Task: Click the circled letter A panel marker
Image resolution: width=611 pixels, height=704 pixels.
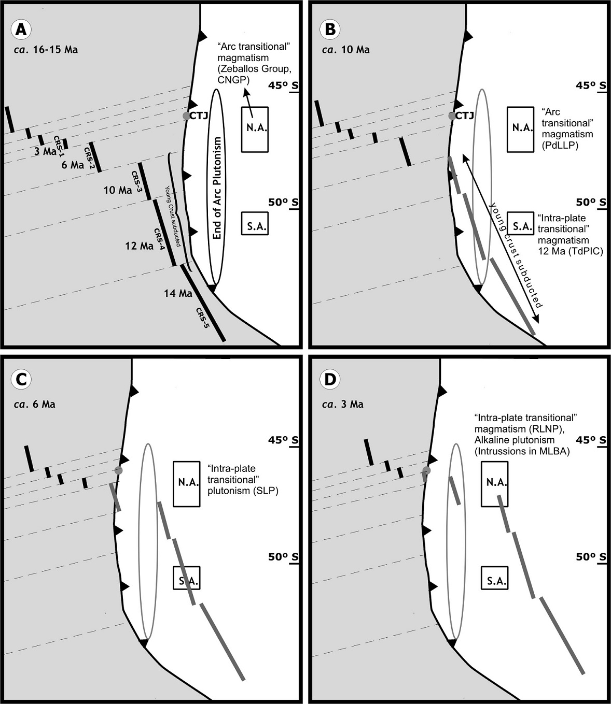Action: (21, 30)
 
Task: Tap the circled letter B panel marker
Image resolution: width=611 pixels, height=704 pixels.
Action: (329, 30)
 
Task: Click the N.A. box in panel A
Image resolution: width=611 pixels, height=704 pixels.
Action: (255, 129)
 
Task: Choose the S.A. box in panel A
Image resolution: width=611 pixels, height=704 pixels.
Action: (255, 224)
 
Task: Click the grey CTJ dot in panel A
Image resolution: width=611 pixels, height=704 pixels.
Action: (186, 116)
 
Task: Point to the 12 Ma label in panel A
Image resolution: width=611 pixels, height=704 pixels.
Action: (139, 246)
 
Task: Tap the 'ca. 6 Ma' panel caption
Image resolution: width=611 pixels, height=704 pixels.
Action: (36, 404)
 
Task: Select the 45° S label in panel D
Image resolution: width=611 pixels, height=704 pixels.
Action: (591, 440)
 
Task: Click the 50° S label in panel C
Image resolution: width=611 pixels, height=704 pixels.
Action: (283, 557)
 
